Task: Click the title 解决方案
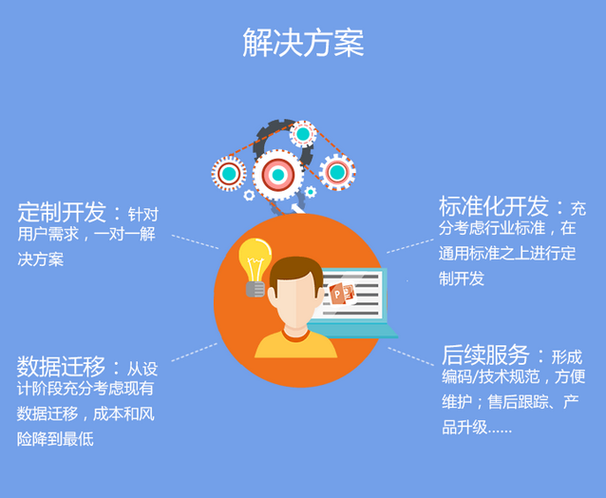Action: pos(303,43)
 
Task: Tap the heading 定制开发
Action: pos(62,212)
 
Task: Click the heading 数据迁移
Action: pos(61,366)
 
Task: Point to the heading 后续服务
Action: pos(485,354)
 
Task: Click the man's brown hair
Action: pos(295,272)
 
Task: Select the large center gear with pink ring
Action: pos(278,175)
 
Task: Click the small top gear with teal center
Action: pos(303,134)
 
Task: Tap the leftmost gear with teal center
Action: pos(229,174)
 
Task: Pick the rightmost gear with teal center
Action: pos(337,172)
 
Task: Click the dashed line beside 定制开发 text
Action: pos(195,241)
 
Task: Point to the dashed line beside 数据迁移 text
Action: pos(195,352)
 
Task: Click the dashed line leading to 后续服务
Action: pos(411,356)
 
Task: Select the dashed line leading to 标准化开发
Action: pos(410,246)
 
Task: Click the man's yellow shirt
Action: pos(295,344)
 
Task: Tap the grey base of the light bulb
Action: pos(256,289)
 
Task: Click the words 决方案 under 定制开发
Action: pos(41,259)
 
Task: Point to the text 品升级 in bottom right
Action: pos(464,428)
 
